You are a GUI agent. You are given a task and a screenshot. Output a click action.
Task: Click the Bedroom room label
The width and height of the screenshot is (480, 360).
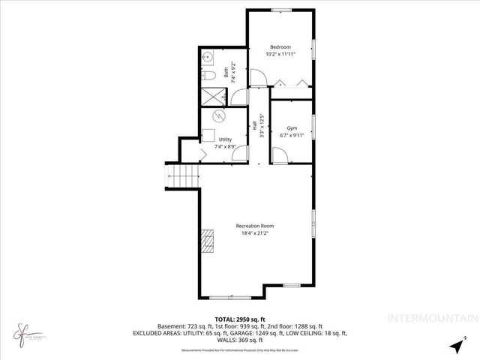[280, 47]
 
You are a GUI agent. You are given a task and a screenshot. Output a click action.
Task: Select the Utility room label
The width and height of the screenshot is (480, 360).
[225, 139]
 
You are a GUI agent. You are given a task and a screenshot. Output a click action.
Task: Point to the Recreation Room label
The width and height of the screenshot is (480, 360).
[255, 226]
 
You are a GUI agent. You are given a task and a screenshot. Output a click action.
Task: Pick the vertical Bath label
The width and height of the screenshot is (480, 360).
[226, 74]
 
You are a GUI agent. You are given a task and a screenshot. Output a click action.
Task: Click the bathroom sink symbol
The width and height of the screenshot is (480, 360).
[208, 58]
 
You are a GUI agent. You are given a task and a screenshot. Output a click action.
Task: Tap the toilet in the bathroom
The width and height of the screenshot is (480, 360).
[208, 75]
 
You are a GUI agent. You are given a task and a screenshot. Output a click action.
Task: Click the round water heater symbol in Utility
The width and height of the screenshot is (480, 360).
[218, 116]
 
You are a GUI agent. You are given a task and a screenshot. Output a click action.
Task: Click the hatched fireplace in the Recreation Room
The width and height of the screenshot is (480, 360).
[207, 243]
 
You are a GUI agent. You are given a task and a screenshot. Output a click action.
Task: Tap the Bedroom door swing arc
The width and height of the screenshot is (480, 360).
[256, 76]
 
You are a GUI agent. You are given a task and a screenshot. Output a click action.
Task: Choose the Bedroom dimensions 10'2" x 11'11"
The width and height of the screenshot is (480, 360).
[280, 55]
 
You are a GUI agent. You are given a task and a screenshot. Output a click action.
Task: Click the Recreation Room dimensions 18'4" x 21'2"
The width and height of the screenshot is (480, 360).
[255, 233]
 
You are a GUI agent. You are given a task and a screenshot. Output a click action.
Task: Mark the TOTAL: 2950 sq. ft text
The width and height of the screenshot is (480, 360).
[240, 319]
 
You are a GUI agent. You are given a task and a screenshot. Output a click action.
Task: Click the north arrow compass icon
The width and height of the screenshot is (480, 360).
[457, 346]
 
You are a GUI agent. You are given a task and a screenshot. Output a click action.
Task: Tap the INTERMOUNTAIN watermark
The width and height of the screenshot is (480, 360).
[430, 318]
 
